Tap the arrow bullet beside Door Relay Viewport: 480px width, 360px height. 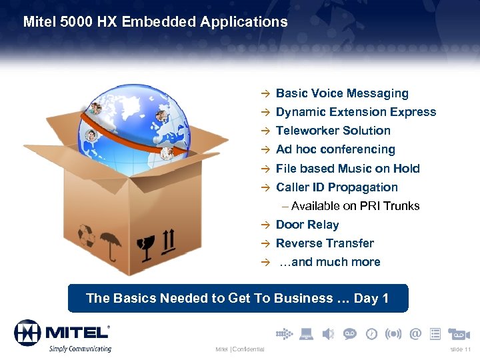tap(265, 225)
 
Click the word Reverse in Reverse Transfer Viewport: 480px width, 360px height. tap(298, 244)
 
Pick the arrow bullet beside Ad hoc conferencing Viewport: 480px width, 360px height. tap(265, 150)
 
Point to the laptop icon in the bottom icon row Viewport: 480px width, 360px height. tap(307, 333)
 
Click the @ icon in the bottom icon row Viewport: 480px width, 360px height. tap(415, 333)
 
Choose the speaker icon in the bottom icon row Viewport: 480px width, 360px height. tap(328, 333)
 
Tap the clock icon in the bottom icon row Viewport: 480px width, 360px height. tap(371, 333)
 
